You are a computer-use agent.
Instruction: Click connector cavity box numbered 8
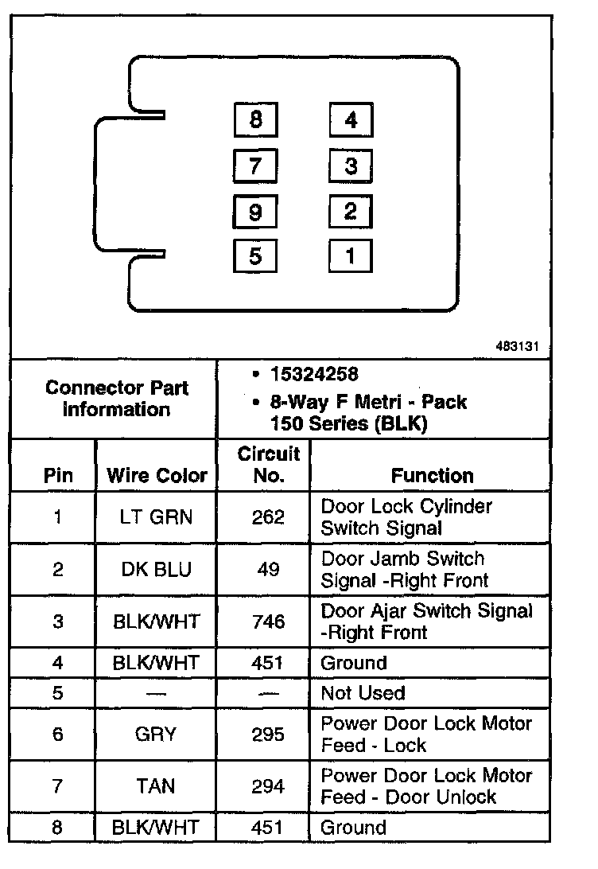255,121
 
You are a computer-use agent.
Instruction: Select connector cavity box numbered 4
351,121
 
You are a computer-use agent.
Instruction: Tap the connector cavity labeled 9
255,212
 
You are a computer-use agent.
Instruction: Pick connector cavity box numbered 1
351,256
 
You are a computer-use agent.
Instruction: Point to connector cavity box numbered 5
255,256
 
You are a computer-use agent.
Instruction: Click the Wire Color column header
157,476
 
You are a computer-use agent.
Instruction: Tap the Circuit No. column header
268,465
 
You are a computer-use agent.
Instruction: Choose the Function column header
432,476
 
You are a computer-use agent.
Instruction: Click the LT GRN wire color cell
157,517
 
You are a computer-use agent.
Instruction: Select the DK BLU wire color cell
157,570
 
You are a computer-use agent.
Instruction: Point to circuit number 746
268,622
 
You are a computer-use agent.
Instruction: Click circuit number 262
268,517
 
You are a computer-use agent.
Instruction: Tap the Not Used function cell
363,693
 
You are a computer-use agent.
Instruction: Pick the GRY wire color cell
157,734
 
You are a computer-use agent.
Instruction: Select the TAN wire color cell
157,786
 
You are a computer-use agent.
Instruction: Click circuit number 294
268,786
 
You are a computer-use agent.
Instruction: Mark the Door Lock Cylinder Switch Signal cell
406,517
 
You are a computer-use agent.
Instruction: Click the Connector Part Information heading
116,399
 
